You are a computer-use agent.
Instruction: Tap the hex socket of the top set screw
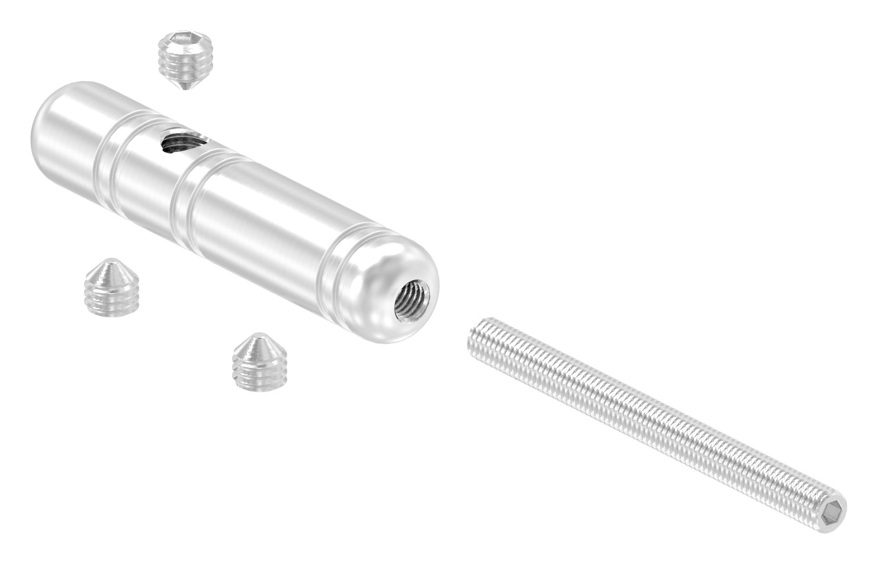(x=181, y=42)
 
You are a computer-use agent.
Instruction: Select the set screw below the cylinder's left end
(x=111, y=287)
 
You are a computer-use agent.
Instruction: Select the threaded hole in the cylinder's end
(x=410, y=296)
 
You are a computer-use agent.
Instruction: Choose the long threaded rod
(x=651, y=414)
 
